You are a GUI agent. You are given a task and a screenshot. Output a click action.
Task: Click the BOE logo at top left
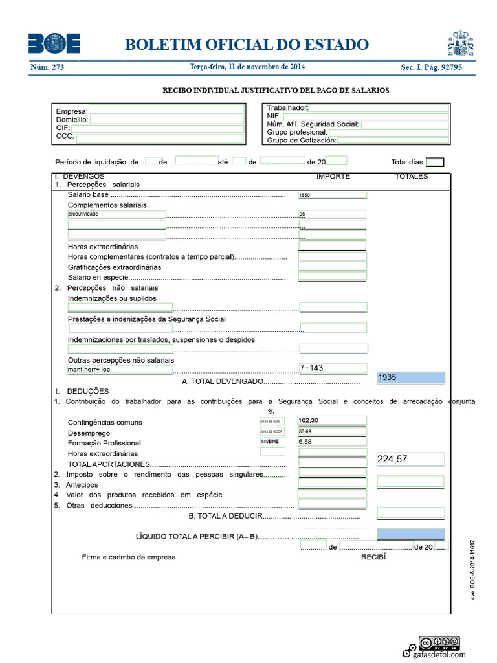pyautogui.click(x=54, y=44)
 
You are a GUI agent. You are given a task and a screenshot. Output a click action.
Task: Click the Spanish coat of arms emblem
pyautogui.click(x=461, y=43)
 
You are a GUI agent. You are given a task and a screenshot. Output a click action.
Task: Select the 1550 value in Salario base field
pyautogui.click(x=332, y=195)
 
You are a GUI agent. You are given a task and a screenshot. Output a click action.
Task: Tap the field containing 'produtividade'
pyautogui.click(x=116, y=214)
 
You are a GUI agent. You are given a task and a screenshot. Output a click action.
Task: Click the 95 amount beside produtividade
pyautogui.click(x=332, y=214)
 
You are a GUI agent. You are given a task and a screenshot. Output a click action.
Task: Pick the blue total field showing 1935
pyautogui.click(x=410, y=377)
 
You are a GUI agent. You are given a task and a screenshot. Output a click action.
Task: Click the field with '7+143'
pyautogui.click(x=333, y=368)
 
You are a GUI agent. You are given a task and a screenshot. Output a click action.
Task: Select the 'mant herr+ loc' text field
pyautogui.click(x=120, y=370)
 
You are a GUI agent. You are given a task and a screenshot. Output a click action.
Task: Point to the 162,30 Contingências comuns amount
pyautogui.click(x=332, y=421)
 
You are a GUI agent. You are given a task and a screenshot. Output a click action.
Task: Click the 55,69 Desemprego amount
pyautogui.click(x=332, y=431)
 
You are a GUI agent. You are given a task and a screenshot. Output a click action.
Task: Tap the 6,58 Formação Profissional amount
pyautogui.click(x=332, y=442)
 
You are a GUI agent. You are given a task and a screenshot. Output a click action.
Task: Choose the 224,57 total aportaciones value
pyautogui.click(x=410, y=460)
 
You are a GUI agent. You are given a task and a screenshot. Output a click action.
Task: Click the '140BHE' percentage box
pyautogui.click(x=272, y=442)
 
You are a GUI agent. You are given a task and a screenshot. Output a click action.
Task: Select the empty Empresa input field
pyautogui.click(x=166, y=109)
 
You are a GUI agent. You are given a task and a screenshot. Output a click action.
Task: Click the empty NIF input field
pyautogui.click(x=365, y=117)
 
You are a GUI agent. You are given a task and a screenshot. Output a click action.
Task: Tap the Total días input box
pyautogui.click(x=435, y=163)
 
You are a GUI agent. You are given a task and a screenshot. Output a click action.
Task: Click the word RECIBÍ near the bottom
pyautogui.click(x=373, y=557)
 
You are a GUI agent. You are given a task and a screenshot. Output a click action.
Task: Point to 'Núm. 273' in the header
pyautogui.click(x=47, y=67)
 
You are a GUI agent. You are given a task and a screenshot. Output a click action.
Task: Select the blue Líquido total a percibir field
pyautogui.click(x=410, y=534)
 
